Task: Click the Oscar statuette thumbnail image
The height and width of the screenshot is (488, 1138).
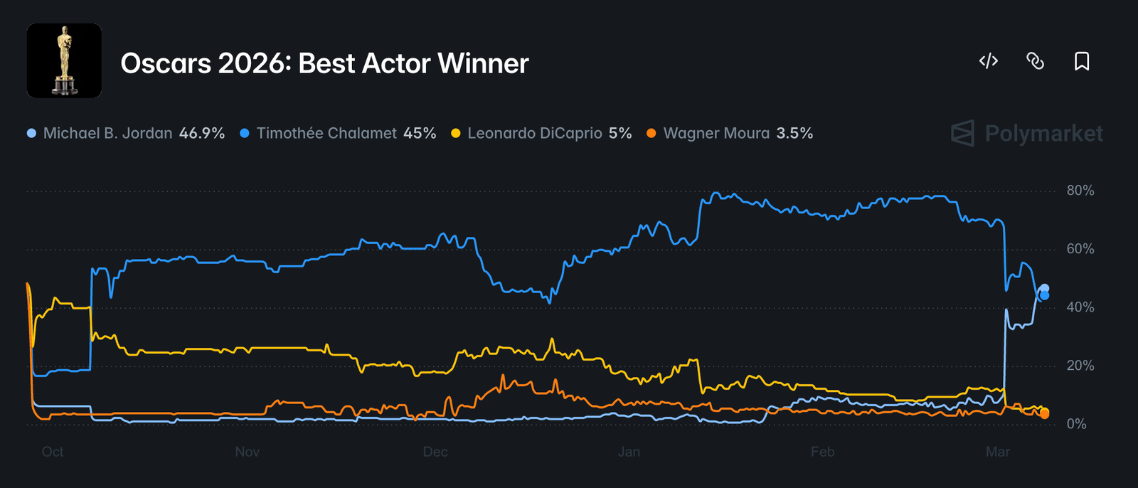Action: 64,60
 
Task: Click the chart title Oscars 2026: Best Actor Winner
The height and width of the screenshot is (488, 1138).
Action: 324,63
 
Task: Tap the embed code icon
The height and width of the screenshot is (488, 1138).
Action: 989,61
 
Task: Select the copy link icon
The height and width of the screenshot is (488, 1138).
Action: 1035,61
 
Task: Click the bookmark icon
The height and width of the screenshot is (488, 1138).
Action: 1081,61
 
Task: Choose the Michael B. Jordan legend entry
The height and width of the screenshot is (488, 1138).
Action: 107,133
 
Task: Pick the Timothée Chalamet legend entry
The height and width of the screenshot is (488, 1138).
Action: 326,133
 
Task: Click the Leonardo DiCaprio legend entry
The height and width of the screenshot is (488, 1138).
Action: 534,133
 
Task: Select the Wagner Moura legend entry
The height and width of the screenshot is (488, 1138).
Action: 716,133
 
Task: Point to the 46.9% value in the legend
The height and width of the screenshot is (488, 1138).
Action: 202,133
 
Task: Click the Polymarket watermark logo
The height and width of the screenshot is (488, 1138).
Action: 1027,133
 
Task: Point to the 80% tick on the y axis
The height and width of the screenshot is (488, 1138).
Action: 1080,191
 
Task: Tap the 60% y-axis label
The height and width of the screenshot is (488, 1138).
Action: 1080,249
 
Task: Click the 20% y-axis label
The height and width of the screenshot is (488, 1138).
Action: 1080,366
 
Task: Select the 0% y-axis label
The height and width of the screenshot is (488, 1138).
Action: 1076,424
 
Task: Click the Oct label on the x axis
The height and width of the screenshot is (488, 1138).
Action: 53,452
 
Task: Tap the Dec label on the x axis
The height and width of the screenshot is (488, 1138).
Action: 435,452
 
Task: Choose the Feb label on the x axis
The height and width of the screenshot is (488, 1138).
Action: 822,452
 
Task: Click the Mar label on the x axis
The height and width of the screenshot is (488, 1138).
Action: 997,452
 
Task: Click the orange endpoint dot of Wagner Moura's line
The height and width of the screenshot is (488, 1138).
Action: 1044,414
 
